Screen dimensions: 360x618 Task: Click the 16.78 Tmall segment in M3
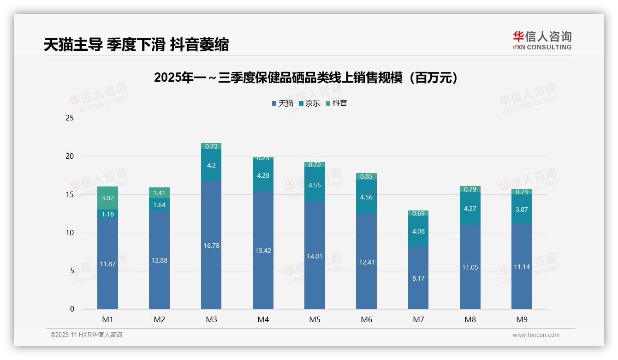(211, 246)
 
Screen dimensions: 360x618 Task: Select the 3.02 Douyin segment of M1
(107, 198)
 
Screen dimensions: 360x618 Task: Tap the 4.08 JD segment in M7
(418, 231)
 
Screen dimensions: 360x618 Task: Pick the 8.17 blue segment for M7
(418, 278)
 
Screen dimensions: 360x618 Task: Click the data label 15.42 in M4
(263, 251)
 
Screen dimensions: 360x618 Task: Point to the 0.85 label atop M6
(367, 176)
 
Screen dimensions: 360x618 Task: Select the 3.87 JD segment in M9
(522, 210)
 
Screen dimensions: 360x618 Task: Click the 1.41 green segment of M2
(159, 193)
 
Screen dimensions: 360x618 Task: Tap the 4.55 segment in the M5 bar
(315, 185)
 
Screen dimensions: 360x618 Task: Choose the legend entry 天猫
(282, 103)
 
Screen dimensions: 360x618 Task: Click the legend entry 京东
(309, 103)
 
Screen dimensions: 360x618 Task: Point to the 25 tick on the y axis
(70, 118)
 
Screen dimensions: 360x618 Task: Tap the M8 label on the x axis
(470, 319)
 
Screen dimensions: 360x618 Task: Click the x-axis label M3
(211, 319)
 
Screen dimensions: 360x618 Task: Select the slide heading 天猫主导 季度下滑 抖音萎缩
(136, 45)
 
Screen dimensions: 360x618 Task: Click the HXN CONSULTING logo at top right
(542, 41)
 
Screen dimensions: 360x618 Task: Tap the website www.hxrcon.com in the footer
(535, 335)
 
